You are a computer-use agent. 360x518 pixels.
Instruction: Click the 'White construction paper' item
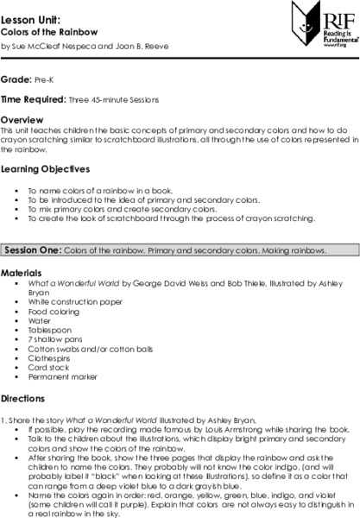[74, 302]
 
